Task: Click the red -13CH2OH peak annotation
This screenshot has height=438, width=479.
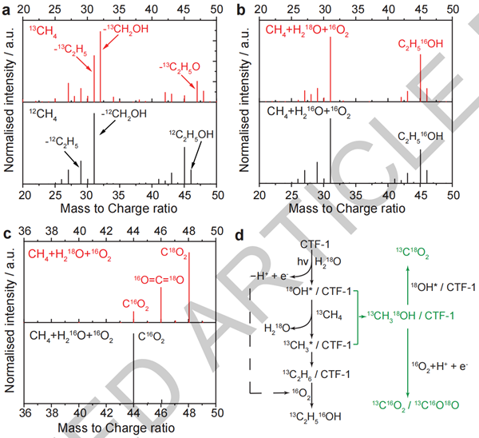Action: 125,34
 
